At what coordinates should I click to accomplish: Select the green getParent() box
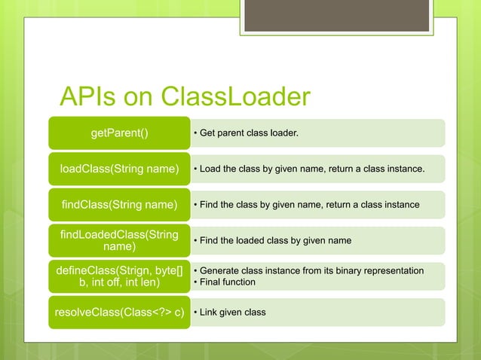coord(119,133)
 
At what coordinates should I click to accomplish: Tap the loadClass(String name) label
coord(119,169)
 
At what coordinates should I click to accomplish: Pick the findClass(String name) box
coord(119,205)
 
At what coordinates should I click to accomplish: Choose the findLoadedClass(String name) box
coord(119,240)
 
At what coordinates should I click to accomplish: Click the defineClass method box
coord(119,276)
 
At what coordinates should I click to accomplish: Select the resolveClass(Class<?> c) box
coord(119,312)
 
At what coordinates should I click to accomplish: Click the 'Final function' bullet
coord(227,282)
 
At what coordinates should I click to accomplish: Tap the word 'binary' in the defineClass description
coord(346,270)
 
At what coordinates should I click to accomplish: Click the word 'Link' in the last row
coord(208,312)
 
